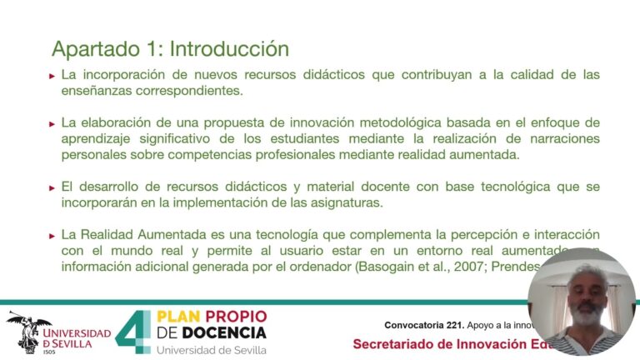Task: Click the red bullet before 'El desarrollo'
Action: coord(52,187)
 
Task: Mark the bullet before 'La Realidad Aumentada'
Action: coord(52,236)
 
